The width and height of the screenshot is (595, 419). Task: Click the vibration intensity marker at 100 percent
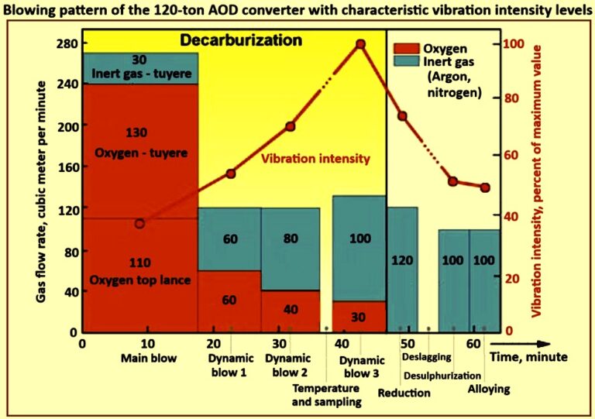click(360, 44)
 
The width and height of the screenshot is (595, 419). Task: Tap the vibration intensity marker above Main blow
click(139, 224)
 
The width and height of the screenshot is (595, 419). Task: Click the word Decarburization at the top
click(230, 39)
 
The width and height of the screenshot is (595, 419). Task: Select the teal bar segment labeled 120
click(403, 260)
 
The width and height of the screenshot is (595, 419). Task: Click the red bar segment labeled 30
click(359, 316)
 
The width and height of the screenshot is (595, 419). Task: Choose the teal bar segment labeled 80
click(291, 239)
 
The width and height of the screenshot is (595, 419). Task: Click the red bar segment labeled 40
click(291, 310)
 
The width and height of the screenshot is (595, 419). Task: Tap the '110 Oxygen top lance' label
click(140, 271)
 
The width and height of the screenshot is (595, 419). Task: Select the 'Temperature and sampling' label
click(325, 395)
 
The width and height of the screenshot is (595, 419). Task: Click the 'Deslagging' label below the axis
click(425, 358)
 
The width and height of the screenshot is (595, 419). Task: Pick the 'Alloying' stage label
click(489, 389)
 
